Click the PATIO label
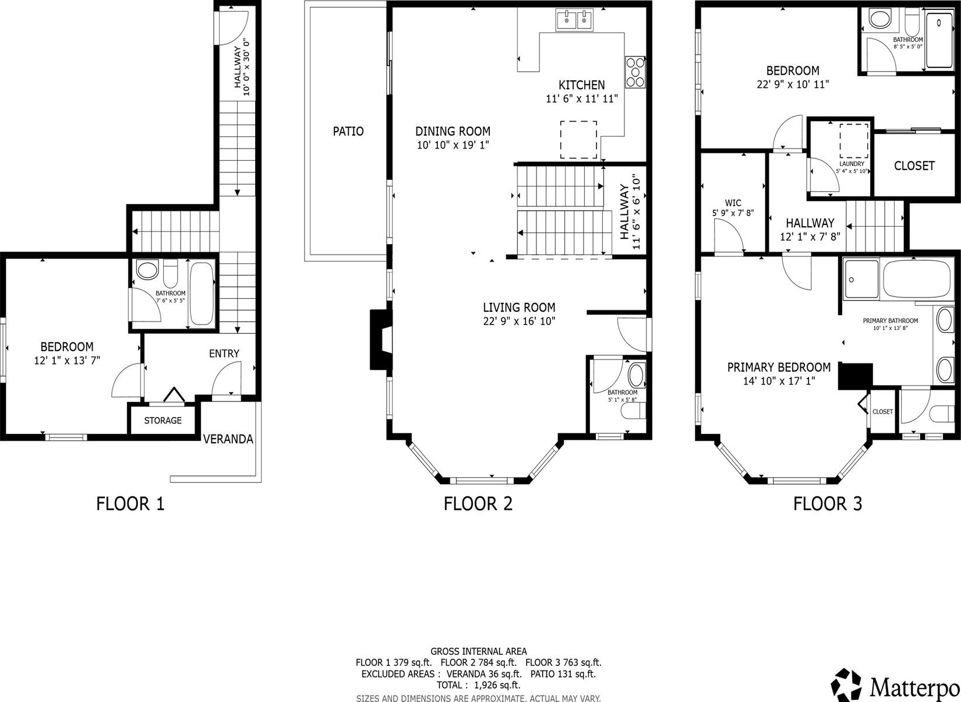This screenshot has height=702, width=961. coord(348,131)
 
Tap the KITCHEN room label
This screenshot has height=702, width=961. coord(581,85)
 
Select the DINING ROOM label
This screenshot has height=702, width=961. coord(453,131)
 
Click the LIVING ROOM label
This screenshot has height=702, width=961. coord(519,307)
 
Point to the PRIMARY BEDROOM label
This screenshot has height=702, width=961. coord(779,367)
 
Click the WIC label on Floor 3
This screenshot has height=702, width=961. coord(733,203)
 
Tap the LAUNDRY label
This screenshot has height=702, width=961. coord(852,164)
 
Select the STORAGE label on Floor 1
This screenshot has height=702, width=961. coord(162,421)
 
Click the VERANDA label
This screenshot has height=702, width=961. coord(228,439)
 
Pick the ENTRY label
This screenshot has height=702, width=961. coord(224,354)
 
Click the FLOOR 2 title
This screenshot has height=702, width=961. coord(478,504)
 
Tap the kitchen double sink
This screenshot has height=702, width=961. coord(574,20)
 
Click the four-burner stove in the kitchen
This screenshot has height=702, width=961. coord(635,72)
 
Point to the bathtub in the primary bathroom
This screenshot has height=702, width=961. coord(916,278)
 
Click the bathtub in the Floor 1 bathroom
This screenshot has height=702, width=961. coord(202,293)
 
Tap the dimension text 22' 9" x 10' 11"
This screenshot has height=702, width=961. coord(793,84)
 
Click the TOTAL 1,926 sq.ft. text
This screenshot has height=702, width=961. coord(478,685)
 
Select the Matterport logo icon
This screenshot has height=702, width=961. coord(846,685)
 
